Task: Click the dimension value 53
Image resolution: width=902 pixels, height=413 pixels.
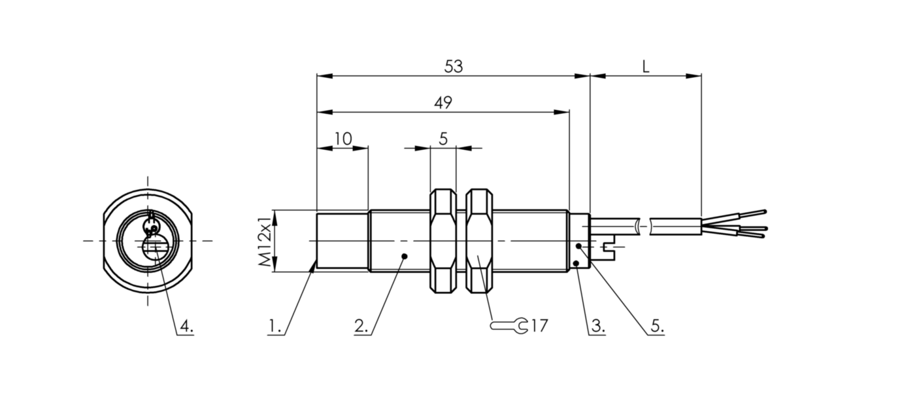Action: point(453,66)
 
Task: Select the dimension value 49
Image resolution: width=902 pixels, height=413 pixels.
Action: point(443,102)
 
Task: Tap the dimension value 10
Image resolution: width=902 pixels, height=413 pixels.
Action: point(342,138)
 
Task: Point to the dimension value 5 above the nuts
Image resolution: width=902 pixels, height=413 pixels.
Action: point(443,138)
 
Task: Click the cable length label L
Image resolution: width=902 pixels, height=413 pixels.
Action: point(645,66)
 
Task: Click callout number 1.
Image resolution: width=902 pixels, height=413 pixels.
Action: point(275,326)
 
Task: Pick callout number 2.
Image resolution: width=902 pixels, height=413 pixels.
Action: point(362,326)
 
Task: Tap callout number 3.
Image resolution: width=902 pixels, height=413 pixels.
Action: point(596,326)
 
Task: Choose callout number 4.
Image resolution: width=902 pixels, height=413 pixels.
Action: point(186,326)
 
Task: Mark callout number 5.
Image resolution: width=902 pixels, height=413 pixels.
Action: point(656,326)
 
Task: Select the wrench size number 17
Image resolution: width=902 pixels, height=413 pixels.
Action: point(539,325)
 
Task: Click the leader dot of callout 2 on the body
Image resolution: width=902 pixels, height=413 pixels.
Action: point(405,256)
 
